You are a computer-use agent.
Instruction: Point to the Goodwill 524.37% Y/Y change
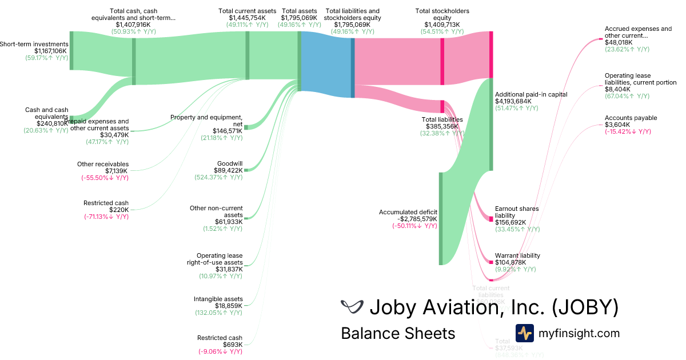[218, 177]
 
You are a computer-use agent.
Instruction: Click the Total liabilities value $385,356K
[442, 126]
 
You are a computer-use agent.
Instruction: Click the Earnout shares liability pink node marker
[490, 219]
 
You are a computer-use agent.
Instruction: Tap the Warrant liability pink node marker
[490, 262]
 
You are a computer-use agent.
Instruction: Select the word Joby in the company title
[392, 307]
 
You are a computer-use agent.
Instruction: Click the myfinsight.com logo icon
[524, 333]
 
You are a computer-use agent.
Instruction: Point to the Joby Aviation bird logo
[352, 307]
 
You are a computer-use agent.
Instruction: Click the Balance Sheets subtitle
[398, 333]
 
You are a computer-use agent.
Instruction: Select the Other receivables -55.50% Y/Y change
[105, 178]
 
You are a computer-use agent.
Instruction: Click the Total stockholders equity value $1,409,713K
[442, 25]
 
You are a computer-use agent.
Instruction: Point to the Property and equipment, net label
[206, 121]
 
